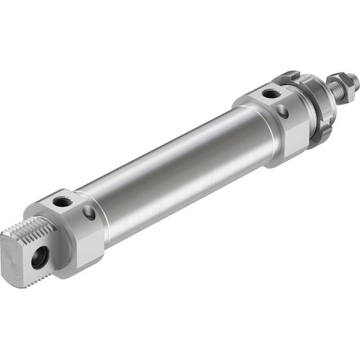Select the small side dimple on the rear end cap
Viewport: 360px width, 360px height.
click(89, 213)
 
